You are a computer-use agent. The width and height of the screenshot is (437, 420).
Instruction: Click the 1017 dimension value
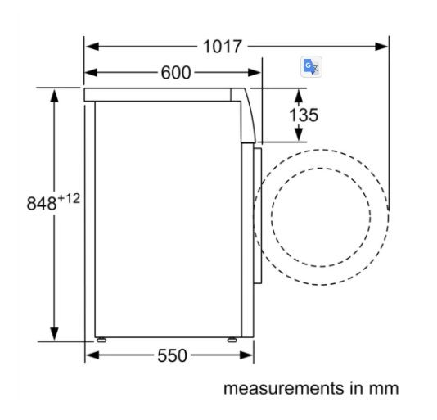222,47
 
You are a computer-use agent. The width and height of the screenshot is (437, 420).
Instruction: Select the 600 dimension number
175,73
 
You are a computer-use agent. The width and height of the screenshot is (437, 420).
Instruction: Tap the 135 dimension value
303,115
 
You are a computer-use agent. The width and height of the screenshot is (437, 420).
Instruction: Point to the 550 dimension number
172,355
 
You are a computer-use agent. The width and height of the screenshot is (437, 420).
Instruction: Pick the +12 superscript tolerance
68,197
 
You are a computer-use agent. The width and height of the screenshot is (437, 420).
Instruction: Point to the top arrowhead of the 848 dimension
55,93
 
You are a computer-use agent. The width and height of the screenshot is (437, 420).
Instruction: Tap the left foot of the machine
100,338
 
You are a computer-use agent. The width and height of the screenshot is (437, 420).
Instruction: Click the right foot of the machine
232,338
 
